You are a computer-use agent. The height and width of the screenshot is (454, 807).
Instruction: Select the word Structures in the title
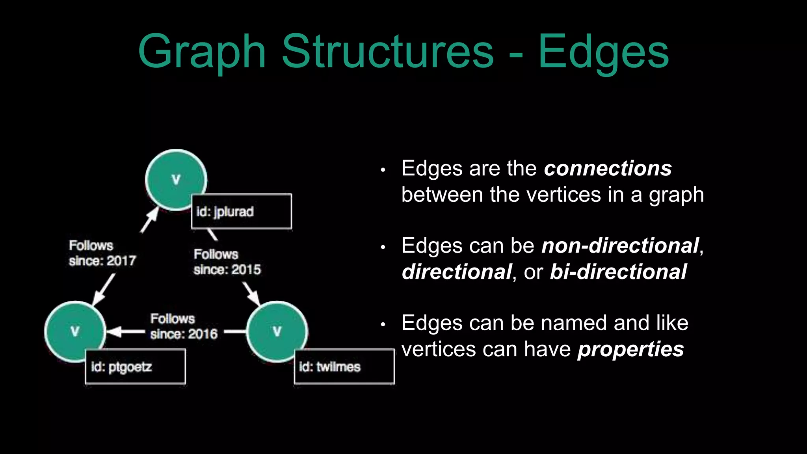click(x=388, y=51)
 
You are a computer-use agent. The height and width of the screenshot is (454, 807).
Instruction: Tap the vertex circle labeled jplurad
click(x=176, y=180)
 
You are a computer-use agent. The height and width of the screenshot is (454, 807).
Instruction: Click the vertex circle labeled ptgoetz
click(x=75, y=331)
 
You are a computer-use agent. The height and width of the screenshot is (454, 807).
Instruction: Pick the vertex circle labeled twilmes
click(x=277, y=331)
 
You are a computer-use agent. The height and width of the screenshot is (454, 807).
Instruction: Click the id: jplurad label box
click(x=242, y=211)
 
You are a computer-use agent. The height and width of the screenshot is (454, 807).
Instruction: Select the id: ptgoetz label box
click(x=135, y=367)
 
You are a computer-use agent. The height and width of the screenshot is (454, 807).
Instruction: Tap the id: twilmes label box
click(x=344, y=367)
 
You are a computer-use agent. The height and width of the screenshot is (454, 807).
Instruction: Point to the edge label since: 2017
click(x=102, y=261)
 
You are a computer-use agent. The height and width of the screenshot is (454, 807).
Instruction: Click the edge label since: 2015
click(x=227, y=270)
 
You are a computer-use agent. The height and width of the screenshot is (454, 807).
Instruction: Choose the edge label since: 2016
click(x=184, y=334)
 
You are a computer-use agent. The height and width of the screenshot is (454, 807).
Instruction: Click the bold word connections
click(x=608, y=169)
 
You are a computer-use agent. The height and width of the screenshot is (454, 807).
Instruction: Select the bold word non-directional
click(x=620, y=246)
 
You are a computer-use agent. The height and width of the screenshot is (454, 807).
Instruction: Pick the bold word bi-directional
click(x=618, y=272)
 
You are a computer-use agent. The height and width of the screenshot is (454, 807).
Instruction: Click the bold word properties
click(x=630, y=349)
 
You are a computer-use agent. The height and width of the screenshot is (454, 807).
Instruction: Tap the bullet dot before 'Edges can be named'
click(x=383, y=325)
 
